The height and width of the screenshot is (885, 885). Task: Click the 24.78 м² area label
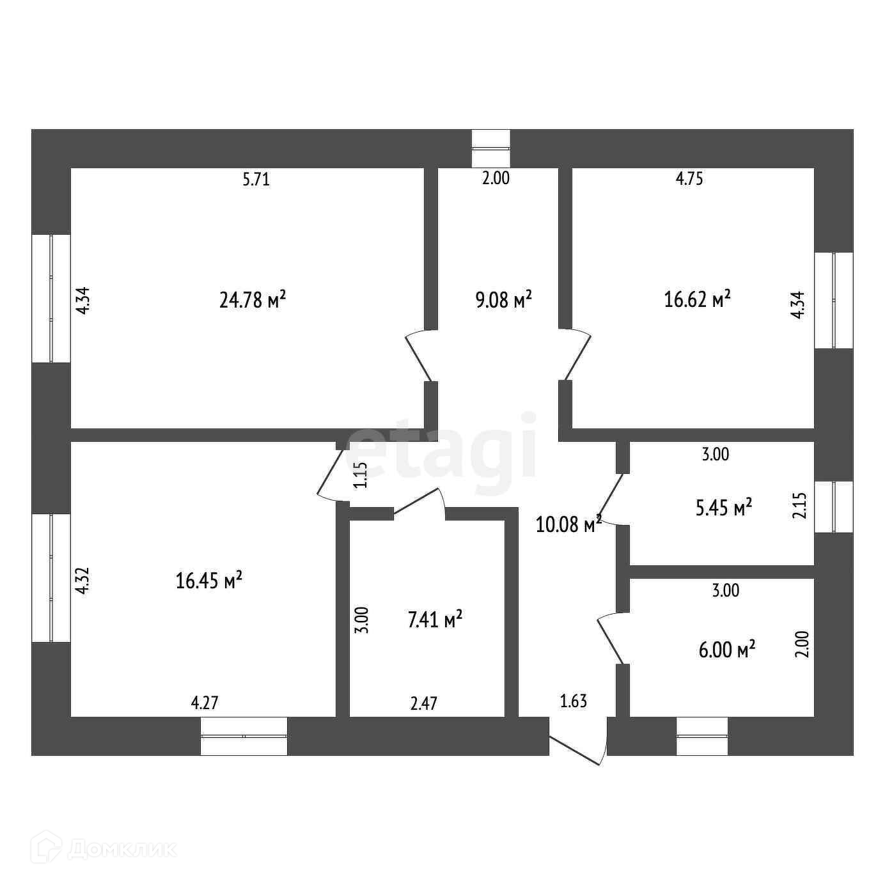pyautogui.click(x=252, y=299)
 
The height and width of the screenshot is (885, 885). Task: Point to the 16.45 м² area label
pyautogui.click(x=208, y=581)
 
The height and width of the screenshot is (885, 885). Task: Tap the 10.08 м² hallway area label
pyautogui.click(x=568, y=524)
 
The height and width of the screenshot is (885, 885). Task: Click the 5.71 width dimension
pyautogui.click(x=256, y=180)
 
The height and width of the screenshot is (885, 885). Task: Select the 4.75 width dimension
pyautogui.click(x=689, y=179)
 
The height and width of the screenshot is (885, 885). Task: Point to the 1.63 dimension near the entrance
pyautogui.click(x=573, y=701)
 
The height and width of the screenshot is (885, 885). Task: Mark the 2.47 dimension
pyautogui.click(x=424, y=703)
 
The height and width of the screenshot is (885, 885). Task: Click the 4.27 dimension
pyautogui.click(x=205, y=703)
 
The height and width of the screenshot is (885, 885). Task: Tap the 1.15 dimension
pyautogui.click(x=361, y=475)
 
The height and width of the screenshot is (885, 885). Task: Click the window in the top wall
pyautogui.click(x=490, y=148)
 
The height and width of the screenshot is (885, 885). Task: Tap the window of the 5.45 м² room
pyautogui.click(x=833, y=506)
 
